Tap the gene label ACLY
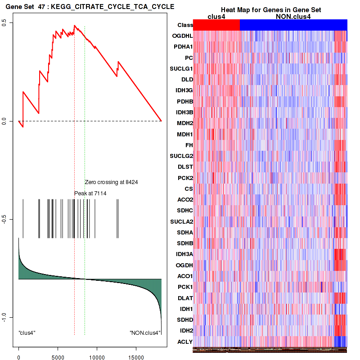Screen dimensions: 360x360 click(185, 342)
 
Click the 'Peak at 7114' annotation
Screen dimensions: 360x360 click(90, 193)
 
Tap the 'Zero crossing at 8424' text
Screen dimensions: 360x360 click(111, 182)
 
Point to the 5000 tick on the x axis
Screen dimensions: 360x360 click(57, 354)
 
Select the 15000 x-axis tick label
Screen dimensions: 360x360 click(135, 354)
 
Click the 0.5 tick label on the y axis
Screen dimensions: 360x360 click(10, 23)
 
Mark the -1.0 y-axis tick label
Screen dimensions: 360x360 click(10, 317)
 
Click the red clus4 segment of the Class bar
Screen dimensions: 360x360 click(216, 25)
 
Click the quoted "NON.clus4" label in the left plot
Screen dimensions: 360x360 click(145, 333)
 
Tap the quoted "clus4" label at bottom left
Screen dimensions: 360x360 click(27, 333)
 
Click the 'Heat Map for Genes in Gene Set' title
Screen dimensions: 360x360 click(270, 10)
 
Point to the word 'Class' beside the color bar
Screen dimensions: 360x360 click(185, 25)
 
